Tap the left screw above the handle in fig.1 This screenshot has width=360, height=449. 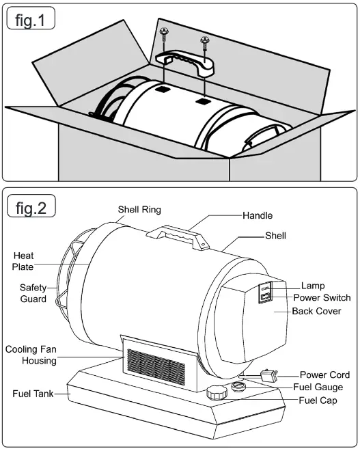pyautogui.click(x=164, y=33)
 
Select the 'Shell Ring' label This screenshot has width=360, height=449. pyautogui.click(x=139, y=210)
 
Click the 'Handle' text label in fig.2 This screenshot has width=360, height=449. pyautogui.click(x=257, y=215)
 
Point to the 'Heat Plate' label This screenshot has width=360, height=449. pyautogui.click(x=23, y=261)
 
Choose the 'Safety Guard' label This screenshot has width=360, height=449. pyautogui.click(x=33, y=293)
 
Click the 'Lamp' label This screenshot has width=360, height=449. pyautogui.click(x=313, y=286)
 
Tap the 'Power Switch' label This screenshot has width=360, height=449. pyautogui.click(x=322, y=298)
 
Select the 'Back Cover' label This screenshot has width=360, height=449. pyautogui.click(x=317, y=312)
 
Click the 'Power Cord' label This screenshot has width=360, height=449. pyautogui.click(x=324, y=375)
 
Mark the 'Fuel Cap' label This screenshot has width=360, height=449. pyautogui.click(x=318, y=400)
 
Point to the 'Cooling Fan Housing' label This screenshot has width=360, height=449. pyautogui.click(x=31, y=355)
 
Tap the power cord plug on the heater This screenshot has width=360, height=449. pyautogui.click(x=268, y=375)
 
